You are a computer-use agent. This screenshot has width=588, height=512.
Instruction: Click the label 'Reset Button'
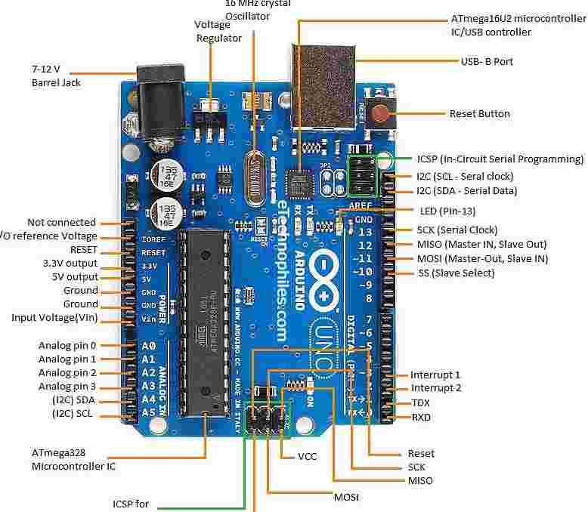coord(479,114)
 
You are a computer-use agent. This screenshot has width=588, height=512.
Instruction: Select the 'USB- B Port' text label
coord(487,61)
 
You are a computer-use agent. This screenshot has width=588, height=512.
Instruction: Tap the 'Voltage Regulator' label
coord(218,31)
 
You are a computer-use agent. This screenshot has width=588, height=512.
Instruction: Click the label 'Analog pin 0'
coord(67,345)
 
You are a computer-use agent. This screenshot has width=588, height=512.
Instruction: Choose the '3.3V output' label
coord(70,264)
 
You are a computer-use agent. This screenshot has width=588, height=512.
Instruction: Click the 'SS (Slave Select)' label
coord(456,273)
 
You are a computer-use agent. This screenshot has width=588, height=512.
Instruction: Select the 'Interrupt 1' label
coord(435,375)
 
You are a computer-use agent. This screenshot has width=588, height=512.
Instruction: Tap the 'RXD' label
coord(421,417)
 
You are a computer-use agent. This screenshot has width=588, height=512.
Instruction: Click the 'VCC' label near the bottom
coord(307,456)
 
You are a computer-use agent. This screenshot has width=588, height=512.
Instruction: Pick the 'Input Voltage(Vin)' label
coord(54,317)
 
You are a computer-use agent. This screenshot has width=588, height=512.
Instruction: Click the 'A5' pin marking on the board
coord(148,413)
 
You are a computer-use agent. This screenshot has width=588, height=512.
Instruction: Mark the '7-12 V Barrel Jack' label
coord(56,76)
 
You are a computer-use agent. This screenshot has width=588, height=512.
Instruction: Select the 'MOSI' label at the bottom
coord(346,498)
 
